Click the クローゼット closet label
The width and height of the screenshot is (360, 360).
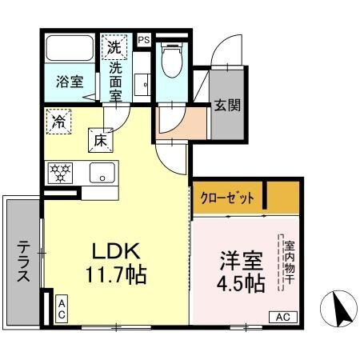coord(229,197)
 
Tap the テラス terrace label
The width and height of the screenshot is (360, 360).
coord(23,261)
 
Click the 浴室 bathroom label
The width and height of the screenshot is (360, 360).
coord(69,82)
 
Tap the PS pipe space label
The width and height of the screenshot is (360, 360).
coord(143,39)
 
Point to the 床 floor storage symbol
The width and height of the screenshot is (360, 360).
coord(101,140)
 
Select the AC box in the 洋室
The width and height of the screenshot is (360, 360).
coord(282,317)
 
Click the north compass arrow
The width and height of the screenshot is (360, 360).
coord(337,306)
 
